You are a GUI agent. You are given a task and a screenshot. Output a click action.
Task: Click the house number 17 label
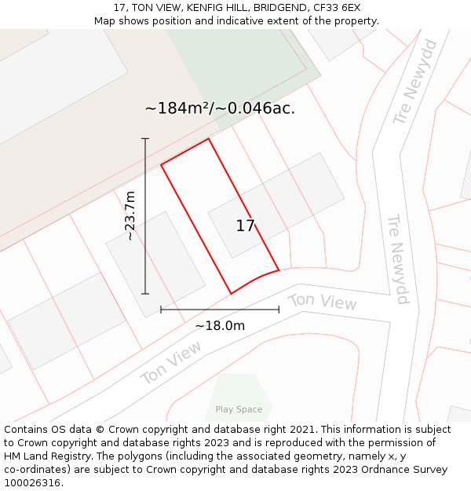[246, 226]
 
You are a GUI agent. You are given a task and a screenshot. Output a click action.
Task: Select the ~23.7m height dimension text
[130, 216]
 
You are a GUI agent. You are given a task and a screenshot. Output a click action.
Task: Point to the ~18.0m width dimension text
[220, 325]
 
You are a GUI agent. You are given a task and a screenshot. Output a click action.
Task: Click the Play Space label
[239, 409]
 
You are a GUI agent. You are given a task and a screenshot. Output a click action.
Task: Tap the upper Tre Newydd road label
[416, 81]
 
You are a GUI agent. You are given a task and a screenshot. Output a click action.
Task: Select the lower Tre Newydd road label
[399, 258]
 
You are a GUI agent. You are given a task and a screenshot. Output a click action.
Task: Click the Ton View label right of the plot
[322, 302]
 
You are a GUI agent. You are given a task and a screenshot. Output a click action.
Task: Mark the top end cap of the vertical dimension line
[145, 139]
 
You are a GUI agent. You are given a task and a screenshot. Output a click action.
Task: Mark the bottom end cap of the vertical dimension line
[145, 294]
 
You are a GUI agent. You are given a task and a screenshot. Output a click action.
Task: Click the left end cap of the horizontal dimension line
[161, 310]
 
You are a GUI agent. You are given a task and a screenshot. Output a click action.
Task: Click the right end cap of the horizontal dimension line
[279, 310]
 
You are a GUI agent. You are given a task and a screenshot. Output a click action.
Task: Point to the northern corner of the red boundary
[209, 139]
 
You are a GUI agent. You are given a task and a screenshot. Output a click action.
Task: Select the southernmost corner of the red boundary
[231, 294]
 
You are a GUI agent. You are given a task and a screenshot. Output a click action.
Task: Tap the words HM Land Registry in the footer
[45, 456]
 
